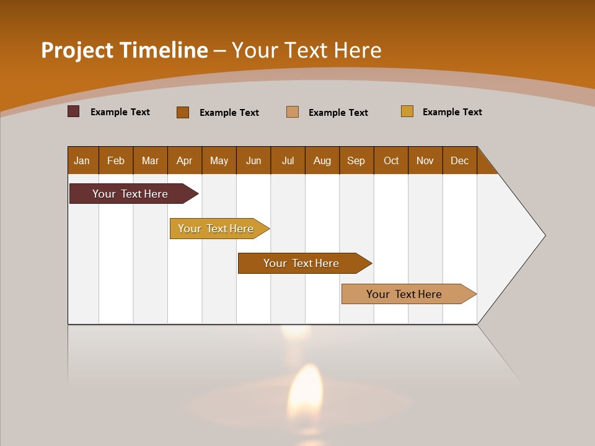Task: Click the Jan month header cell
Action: pos(82,160)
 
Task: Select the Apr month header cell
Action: pos(185,160)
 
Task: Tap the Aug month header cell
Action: pos(322,160)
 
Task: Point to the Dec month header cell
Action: pos(459,160)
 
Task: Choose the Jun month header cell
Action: pos(253,160)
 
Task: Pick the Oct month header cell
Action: pos(390,160)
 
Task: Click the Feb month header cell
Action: pos(116,160)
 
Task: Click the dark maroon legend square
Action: pos(74,111)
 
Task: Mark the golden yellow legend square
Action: pos(407,111)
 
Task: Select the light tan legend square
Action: pos(293,112)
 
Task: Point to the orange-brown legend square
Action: pos(183,112)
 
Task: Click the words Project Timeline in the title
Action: pos(125,50)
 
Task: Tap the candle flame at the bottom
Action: pos(305,390)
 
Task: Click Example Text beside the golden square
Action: pos(452,112)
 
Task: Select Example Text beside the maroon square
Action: pos(120,112)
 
